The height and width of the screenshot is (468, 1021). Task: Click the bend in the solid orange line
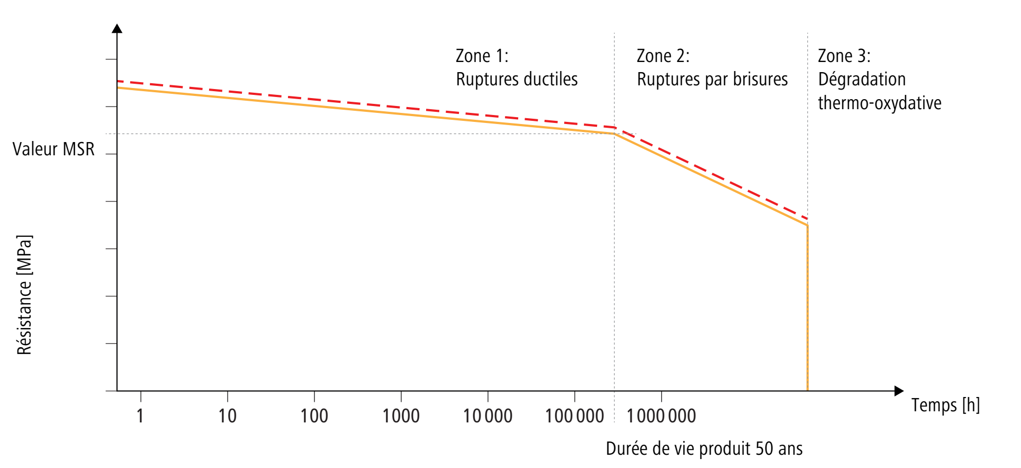point(614,134)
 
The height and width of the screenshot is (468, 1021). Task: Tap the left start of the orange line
point(118,87)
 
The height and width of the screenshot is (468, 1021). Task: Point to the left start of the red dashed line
point(118,81)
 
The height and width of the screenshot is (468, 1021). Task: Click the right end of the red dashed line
point(807,218)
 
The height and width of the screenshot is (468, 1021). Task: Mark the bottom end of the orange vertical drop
point(807,390)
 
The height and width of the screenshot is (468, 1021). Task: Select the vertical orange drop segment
point(807,307)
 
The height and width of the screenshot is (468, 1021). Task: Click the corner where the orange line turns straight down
point(807,225)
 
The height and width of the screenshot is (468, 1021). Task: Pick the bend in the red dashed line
point(615,127)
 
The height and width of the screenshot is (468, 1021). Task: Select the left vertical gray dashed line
point(615,265)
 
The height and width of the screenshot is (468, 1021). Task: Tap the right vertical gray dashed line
point(808,106)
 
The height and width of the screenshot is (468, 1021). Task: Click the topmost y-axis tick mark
point(111,59)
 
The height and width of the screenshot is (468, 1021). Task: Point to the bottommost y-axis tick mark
point(111,391)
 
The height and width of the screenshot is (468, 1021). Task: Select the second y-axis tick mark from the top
point(111,107)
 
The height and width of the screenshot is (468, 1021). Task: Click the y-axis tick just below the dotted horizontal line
point(111,154)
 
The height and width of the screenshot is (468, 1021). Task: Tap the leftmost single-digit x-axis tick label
point(139,415)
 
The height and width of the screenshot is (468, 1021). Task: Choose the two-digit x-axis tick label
point(227,415)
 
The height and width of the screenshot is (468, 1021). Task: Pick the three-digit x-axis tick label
point(314,415)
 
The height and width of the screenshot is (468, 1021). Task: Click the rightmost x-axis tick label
point(661,415)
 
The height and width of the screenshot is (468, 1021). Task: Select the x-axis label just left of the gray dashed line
point(575,415)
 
